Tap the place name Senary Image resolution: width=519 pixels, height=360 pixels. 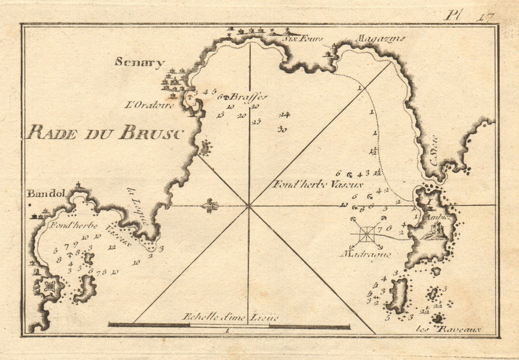click(140, 63)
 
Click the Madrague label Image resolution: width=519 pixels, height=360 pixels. click(365, 254)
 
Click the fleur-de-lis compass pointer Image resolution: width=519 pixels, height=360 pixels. click(210, 205)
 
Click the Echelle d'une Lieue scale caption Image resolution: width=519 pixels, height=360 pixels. click(230, 317)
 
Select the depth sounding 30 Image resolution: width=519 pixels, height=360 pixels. click(282, 129)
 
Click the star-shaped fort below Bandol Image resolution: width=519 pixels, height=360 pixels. click(50, 286)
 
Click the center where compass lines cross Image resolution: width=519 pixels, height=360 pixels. click(249, 205)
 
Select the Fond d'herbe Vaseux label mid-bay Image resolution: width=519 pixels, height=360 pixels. click(317, 184)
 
